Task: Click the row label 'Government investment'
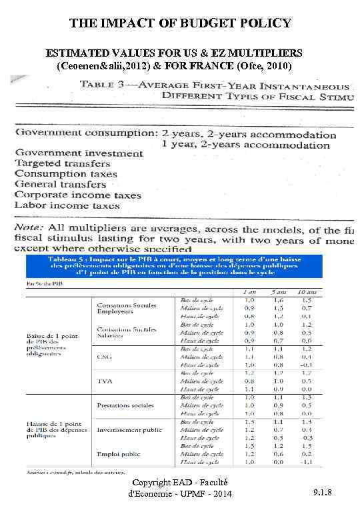[x=79, y=153]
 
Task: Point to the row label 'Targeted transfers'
[x=63, y=163]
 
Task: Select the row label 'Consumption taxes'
[x=66, y=174]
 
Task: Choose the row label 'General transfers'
[x=61, y=184]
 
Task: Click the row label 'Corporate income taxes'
[x=78, y=195]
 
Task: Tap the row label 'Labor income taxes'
[x=67, y=205]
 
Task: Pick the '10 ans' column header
[x=305, y=291]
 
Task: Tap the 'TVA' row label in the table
[x=103, y=381]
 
